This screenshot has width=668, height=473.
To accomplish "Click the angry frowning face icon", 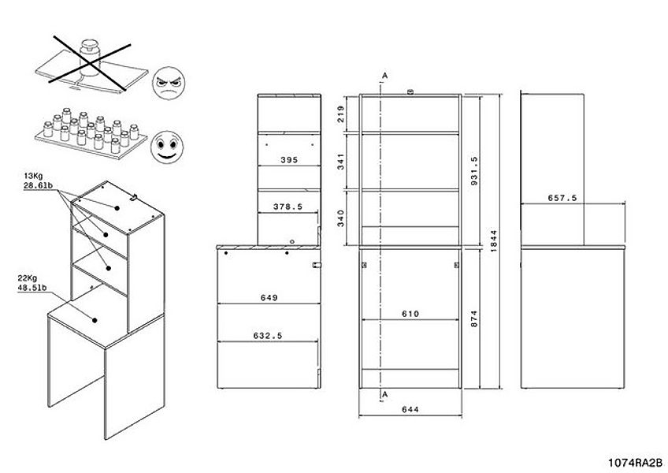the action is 169,84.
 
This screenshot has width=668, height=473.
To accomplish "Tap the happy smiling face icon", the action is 167,147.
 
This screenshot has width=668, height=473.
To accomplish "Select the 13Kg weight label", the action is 33,176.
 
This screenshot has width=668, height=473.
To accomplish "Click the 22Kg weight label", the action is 27,278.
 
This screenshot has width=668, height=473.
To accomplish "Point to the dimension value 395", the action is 289,160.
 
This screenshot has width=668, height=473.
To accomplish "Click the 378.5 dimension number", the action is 288,207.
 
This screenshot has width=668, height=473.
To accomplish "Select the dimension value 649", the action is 269,298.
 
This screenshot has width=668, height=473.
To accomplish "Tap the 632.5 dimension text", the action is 268,336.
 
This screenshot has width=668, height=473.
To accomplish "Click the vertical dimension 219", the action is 341,114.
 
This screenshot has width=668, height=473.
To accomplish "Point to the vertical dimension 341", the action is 341,162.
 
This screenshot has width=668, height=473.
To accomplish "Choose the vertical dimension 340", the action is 341,218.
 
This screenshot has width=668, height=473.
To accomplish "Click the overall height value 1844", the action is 494,240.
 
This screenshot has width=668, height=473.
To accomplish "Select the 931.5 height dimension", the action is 475,170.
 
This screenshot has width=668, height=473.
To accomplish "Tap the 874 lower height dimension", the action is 474,318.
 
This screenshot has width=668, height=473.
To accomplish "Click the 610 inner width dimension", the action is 410,314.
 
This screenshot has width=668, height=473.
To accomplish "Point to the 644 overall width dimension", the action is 410,409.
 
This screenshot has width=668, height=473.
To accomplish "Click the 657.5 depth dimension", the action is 562,198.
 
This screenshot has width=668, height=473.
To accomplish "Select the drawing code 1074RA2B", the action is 635,463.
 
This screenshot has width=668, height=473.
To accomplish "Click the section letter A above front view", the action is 384,76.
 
